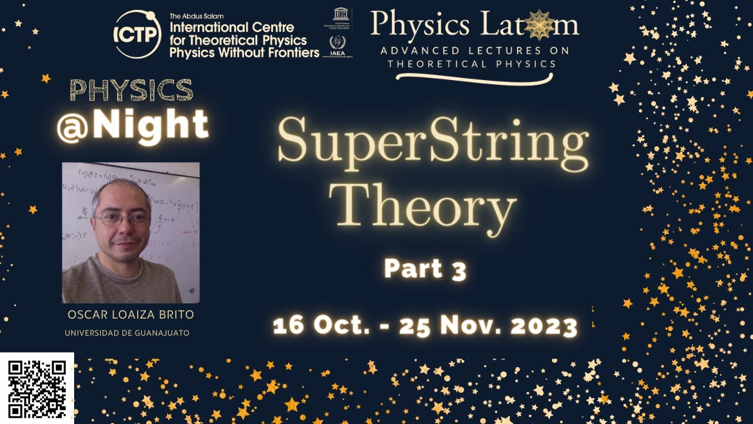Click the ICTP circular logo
[x=138, y=34]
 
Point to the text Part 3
[x=425, y=269]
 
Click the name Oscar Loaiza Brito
[x=131, y=315]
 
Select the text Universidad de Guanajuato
[x=127, y=333]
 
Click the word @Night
[x=133, y=124]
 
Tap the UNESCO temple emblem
[x=339, y=13]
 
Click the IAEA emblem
[x=338, y=42]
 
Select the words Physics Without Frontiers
[x=244, y=52]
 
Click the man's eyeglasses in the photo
[x=124, y=218]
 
